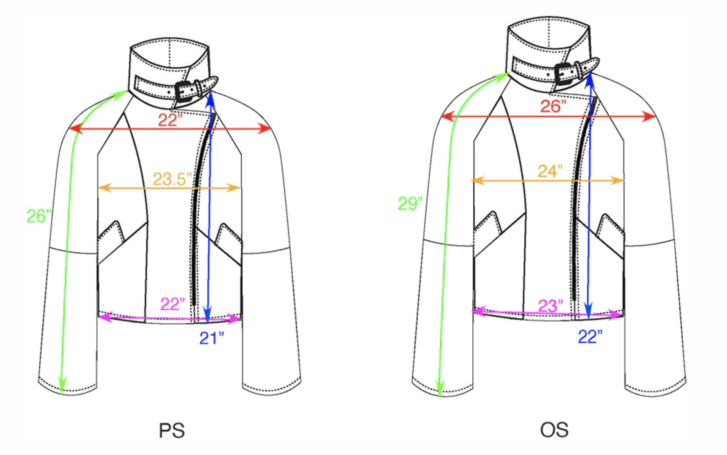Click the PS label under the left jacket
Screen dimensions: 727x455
point(172,430)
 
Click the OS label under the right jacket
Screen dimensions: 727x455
point(554,430)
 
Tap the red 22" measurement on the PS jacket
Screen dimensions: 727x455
point(170,120)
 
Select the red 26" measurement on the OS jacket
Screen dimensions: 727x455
point(553,106)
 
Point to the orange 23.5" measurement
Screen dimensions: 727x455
point(172,179)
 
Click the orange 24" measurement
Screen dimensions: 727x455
point(550,171)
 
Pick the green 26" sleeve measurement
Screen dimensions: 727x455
point(39,216)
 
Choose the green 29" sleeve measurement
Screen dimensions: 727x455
point(410,203)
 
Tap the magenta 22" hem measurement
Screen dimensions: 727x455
point(172,304)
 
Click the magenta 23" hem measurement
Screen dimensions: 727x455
point(550,306)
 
